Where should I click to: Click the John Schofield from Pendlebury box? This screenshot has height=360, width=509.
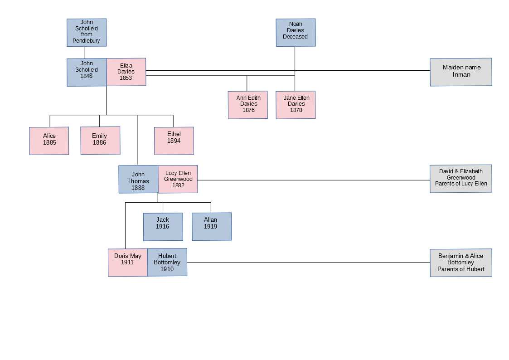pos(87,32)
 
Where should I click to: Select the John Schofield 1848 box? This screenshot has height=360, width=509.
pos(87,72)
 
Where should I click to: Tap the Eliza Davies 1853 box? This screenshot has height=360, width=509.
pos(126,72)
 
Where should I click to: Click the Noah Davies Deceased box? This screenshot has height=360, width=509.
pos(296,32)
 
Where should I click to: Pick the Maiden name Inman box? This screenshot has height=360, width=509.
pos(461,72)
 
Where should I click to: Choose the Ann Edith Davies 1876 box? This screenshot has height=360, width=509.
pos(248,105)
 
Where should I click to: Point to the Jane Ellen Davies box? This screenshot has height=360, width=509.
pos(296,105)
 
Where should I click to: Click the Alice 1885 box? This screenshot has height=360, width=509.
pos(49,141)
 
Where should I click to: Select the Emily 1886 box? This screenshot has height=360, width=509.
pos(100,141)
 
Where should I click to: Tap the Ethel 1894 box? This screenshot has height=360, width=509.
pos(174,141)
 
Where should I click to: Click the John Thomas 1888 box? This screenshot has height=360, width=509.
pos(138,179)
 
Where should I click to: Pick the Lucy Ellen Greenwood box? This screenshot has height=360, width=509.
pos(178,179)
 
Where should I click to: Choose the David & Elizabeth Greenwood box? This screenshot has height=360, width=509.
pos(461,179)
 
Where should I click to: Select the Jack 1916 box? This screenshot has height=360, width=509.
pos(163,227)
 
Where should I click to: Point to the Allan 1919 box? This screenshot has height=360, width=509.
pos(211,226)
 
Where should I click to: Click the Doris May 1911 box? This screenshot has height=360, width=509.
pos(128,262)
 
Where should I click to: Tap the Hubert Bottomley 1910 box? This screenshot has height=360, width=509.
pos(167,262)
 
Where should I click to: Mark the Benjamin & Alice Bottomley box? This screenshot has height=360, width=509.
pos(461,263)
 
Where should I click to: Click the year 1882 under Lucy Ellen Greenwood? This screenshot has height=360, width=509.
pos(178,185)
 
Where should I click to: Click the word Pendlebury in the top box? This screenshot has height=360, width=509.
pos(86,41)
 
